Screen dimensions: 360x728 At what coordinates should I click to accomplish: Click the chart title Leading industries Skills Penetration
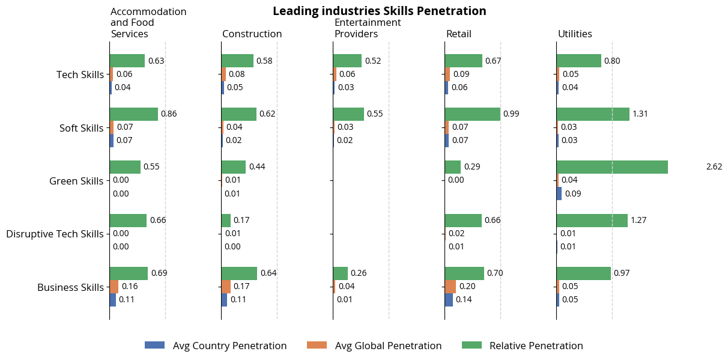(379, 11)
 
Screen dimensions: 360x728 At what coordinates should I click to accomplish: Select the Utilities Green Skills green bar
(611, 167)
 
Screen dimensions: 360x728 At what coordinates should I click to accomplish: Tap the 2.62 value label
(714, 167)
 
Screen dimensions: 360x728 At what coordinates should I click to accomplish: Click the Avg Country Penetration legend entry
(216, 346)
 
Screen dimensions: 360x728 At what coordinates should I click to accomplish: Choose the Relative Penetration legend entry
(523, 346)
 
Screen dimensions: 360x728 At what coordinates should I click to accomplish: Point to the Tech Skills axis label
(80, 75)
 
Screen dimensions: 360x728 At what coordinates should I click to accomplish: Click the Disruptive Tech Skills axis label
(55, 234)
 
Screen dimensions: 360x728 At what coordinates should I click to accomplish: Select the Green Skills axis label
(76, 181)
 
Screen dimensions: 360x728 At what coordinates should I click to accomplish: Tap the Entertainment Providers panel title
(368, 28)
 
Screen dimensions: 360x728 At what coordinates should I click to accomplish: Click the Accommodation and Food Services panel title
(148, 23)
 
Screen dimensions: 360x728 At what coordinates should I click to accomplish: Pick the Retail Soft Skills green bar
(472, 114)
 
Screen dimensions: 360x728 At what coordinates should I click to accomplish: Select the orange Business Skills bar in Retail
(450, 286)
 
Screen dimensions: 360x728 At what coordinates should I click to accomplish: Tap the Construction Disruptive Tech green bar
(226, 221)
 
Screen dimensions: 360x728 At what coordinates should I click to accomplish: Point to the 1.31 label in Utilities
(641, 114)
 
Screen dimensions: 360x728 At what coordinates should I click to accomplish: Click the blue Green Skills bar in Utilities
(559, 194)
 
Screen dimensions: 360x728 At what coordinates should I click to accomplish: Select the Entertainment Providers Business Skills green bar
(340, 273)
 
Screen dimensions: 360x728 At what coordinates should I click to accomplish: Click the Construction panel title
(252, 34)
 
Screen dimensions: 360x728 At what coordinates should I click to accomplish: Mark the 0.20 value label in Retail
(467, 286)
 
